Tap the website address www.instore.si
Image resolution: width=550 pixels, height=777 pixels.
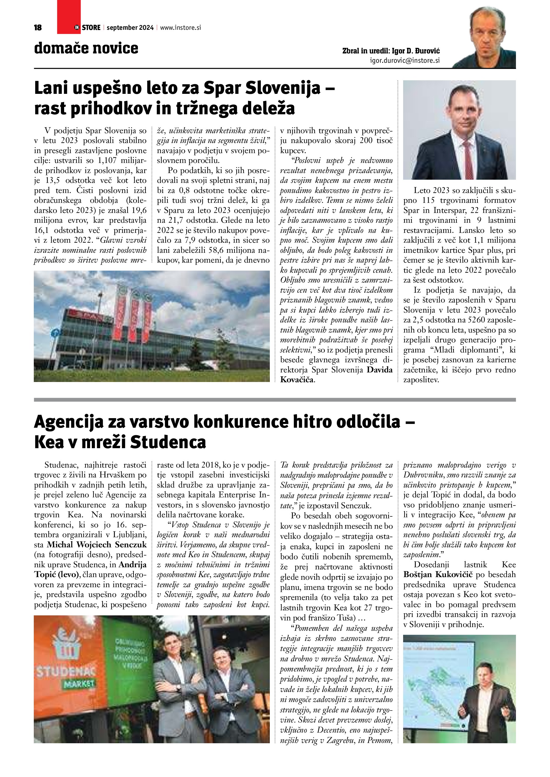(180, 28)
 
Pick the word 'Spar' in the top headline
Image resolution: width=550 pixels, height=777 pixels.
(224, 89)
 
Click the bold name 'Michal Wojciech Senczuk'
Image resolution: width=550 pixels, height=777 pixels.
(97, 544)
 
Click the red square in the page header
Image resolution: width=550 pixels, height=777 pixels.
(69, 17)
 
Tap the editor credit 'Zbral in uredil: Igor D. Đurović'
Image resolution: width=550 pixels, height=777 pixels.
(391, 51)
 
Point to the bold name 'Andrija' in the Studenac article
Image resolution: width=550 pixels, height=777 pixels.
(133, 565)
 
